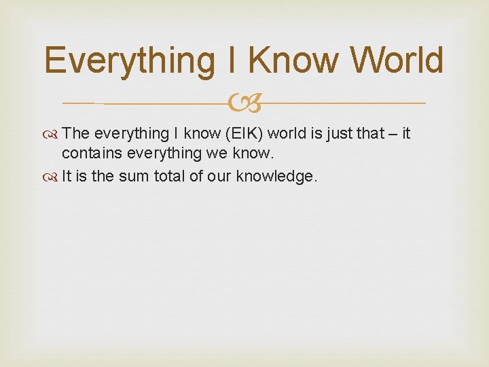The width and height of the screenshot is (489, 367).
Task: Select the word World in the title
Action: pos(398,61)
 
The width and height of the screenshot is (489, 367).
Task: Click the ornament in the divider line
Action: pos(244,103)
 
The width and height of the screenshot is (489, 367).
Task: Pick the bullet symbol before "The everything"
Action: pos(53,134)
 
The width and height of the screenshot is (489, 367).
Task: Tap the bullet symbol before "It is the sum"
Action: pos(53,177)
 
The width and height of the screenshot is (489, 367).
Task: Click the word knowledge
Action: pos(276,177)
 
